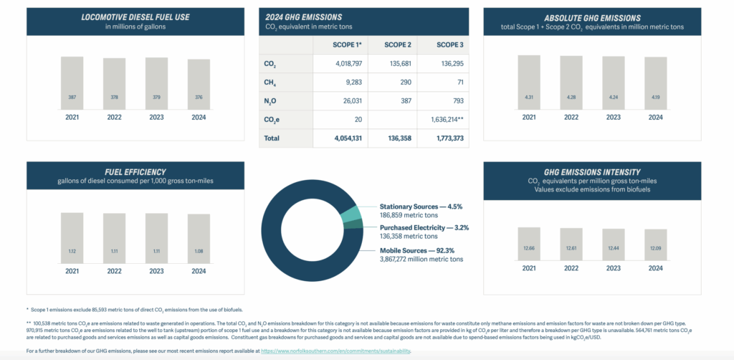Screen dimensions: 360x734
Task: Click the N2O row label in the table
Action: pos(271,101)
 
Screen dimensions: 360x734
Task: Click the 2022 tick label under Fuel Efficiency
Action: pos(115,272)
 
